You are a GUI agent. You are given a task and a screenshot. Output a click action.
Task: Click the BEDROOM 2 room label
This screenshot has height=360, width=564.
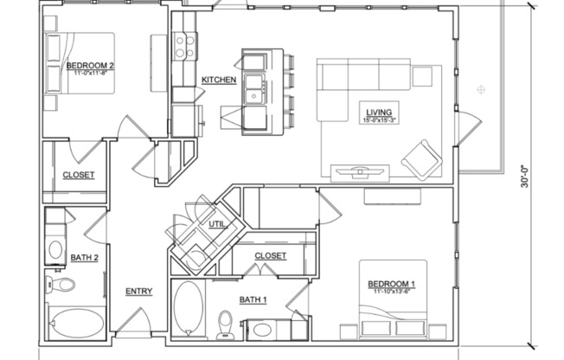tap(90, 66)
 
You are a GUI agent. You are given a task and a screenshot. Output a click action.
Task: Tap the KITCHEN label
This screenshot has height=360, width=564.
tap(219, 80)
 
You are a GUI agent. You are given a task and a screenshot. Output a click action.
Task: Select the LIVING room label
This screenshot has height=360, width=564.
tap(380, 112)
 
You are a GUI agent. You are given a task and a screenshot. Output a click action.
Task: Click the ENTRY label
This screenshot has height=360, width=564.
tap(138, 291)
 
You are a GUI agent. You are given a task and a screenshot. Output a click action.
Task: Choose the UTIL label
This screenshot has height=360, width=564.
tap(216, 224)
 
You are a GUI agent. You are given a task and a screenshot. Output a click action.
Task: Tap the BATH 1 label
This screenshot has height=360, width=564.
tap(230, 299)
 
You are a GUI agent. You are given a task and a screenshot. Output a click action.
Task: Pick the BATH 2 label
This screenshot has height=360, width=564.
tap(60, 258)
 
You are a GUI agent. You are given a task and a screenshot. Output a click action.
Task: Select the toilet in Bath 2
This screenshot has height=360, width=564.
tap(64, 285)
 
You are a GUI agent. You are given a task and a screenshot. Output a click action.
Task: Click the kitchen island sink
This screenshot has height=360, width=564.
tap(254, 87)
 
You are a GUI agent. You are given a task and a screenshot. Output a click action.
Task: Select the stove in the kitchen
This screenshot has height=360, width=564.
tap(183, 45)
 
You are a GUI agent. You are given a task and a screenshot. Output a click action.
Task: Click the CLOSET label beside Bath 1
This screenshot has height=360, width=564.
tap(271, 256)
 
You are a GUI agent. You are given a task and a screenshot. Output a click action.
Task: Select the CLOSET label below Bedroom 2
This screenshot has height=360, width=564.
tap(78, 176)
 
